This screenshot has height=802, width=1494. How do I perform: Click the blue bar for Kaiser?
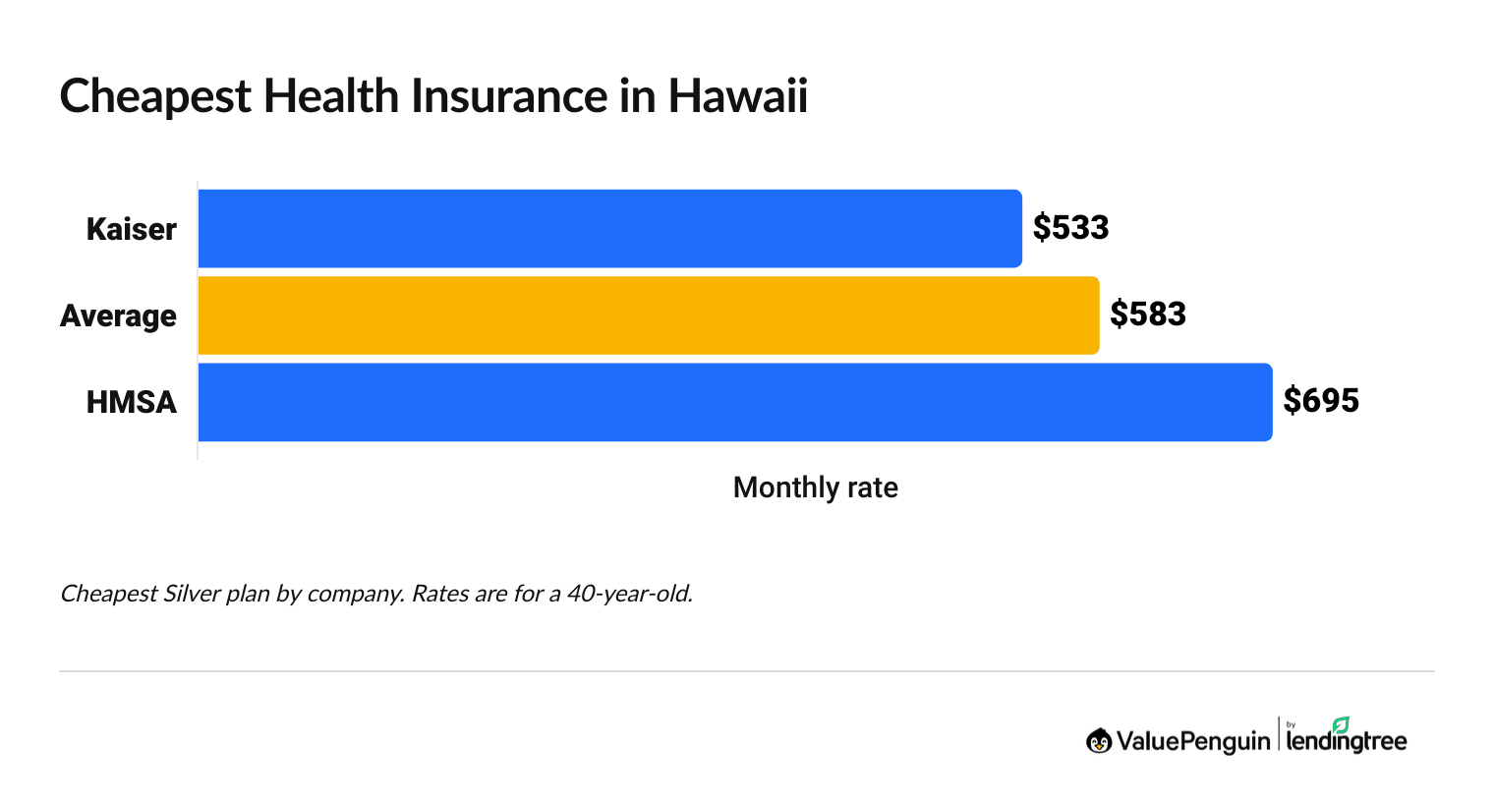pos(609,228)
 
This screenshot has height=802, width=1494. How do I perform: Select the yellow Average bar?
pos(649,315)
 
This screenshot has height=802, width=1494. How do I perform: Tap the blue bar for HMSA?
pos(735,402)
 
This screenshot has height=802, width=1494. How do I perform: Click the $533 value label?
pos(1070,228)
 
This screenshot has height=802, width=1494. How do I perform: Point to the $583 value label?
pos(1148,315)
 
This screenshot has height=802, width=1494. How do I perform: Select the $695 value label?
pos(1321,401)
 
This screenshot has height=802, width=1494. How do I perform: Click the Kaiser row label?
pos(131,229)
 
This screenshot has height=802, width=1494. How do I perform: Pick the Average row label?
pos(118,315)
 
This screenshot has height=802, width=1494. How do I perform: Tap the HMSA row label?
pos(131,402)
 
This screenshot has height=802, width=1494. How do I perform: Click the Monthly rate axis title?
pos(815,487)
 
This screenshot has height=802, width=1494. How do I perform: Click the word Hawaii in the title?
pos(737,96)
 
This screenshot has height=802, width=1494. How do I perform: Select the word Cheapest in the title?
pos(155,96)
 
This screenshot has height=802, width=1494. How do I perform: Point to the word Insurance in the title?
pos(508,96)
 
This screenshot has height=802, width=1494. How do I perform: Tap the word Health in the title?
pos(330,96)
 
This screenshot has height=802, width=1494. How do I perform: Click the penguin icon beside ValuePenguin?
pos(1098,741)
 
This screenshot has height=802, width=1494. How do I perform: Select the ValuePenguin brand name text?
pos(1192,741)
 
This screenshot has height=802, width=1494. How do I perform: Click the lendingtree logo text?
pos(1346,741)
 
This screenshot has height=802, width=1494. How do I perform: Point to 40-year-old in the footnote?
pos(629,594)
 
